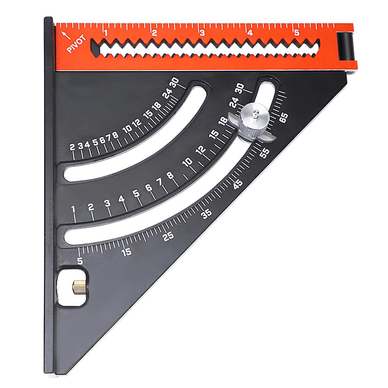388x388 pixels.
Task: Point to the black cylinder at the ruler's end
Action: coord(346,46)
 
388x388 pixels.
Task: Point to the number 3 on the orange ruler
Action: coord(202,33)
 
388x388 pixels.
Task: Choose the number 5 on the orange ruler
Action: coord(297,33)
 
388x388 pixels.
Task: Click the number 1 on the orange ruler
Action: coord(106,33)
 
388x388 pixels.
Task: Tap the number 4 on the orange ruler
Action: coord(249,33)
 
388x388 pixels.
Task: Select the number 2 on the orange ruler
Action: coord(154,33)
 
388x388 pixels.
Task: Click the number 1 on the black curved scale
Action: coord(74,209)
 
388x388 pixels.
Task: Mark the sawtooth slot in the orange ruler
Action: coord(205,48)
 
